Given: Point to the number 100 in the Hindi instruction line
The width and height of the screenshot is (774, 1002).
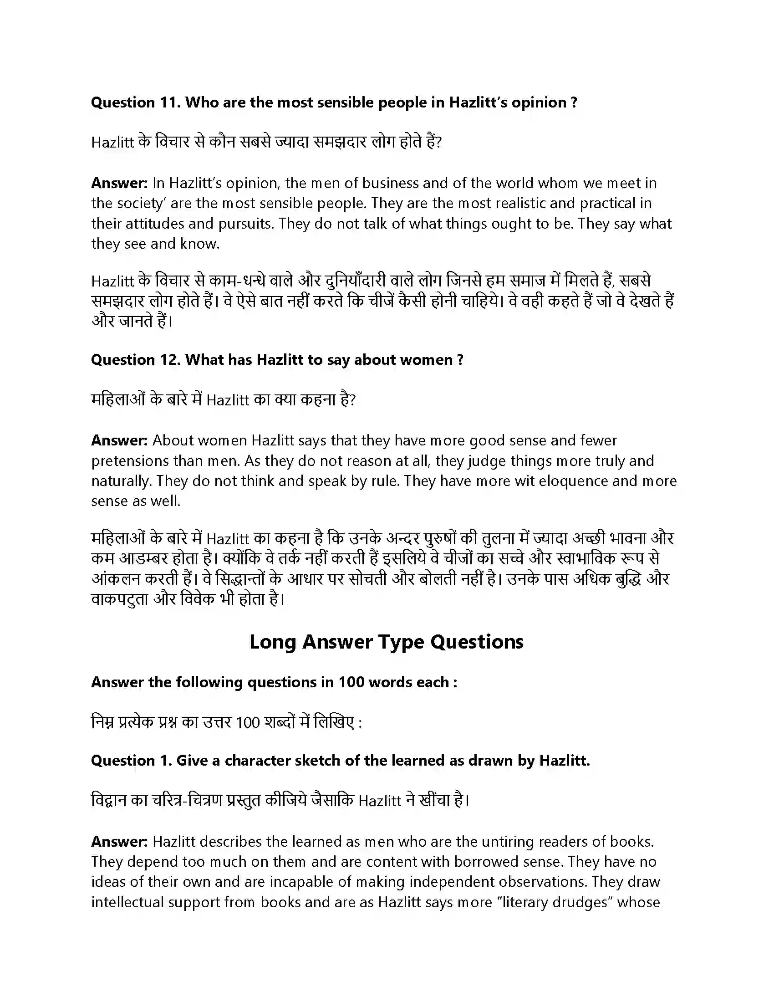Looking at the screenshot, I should (x=248, y=723).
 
